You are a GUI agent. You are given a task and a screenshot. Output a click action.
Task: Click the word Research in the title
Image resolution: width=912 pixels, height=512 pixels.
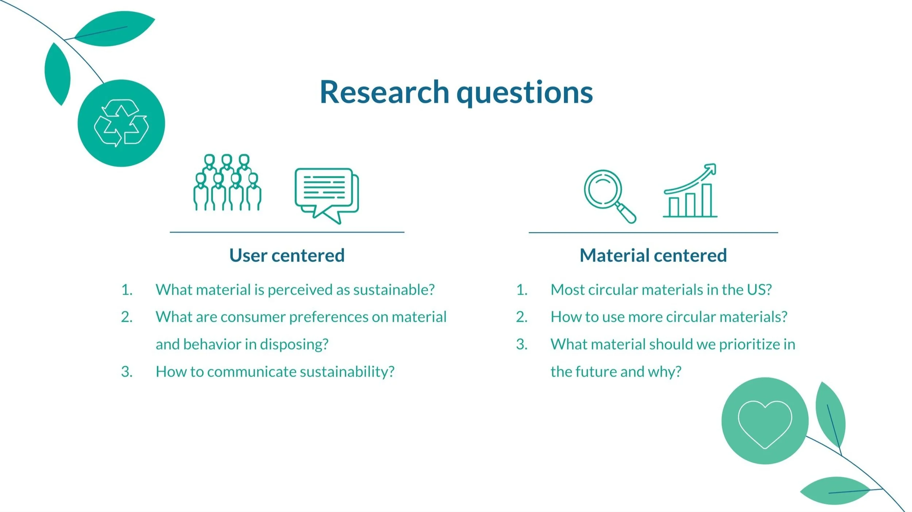pyautogui.click(x=384, y=92)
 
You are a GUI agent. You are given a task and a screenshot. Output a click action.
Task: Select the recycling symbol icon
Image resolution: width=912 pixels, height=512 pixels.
pyautogui.click(x=121, y=123)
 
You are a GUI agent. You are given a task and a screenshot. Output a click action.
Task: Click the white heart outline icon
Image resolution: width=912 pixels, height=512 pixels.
pyautogui.click(x=765, y=424)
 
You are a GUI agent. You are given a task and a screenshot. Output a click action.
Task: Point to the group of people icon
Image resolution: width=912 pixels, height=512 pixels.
pyautogui.click(x=227, y=182)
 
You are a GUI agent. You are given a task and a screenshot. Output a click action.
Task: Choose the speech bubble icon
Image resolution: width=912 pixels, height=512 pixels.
pyautogui.click(x=327, y=196)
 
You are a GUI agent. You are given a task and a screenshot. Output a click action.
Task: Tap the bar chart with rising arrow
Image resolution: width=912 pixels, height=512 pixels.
pyautogui.click(x=690, y=190)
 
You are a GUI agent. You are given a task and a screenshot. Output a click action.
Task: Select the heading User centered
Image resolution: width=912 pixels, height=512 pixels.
pyautogui.click(x=287, y=255)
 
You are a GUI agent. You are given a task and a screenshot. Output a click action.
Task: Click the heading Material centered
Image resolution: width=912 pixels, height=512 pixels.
pyautogui.click(x=653, y=255)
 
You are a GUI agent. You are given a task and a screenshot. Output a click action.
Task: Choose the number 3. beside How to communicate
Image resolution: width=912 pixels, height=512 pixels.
pyautogui.click(x=127, y=372)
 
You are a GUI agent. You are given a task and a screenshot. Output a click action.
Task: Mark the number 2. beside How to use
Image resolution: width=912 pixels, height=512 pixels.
pyautogui.click(x=522, y=317)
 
